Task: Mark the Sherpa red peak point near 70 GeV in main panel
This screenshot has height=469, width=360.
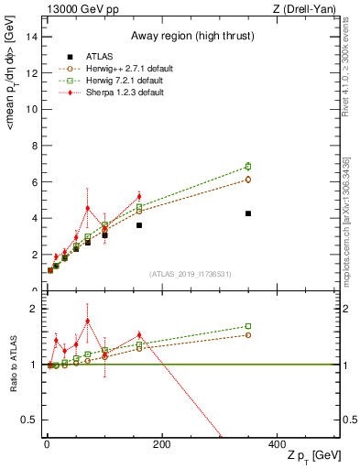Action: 87,208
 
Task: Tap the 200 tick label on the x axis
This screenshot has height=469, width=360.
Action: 161,444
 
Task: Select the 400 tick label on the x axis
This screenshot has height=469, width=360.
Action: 277,444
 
